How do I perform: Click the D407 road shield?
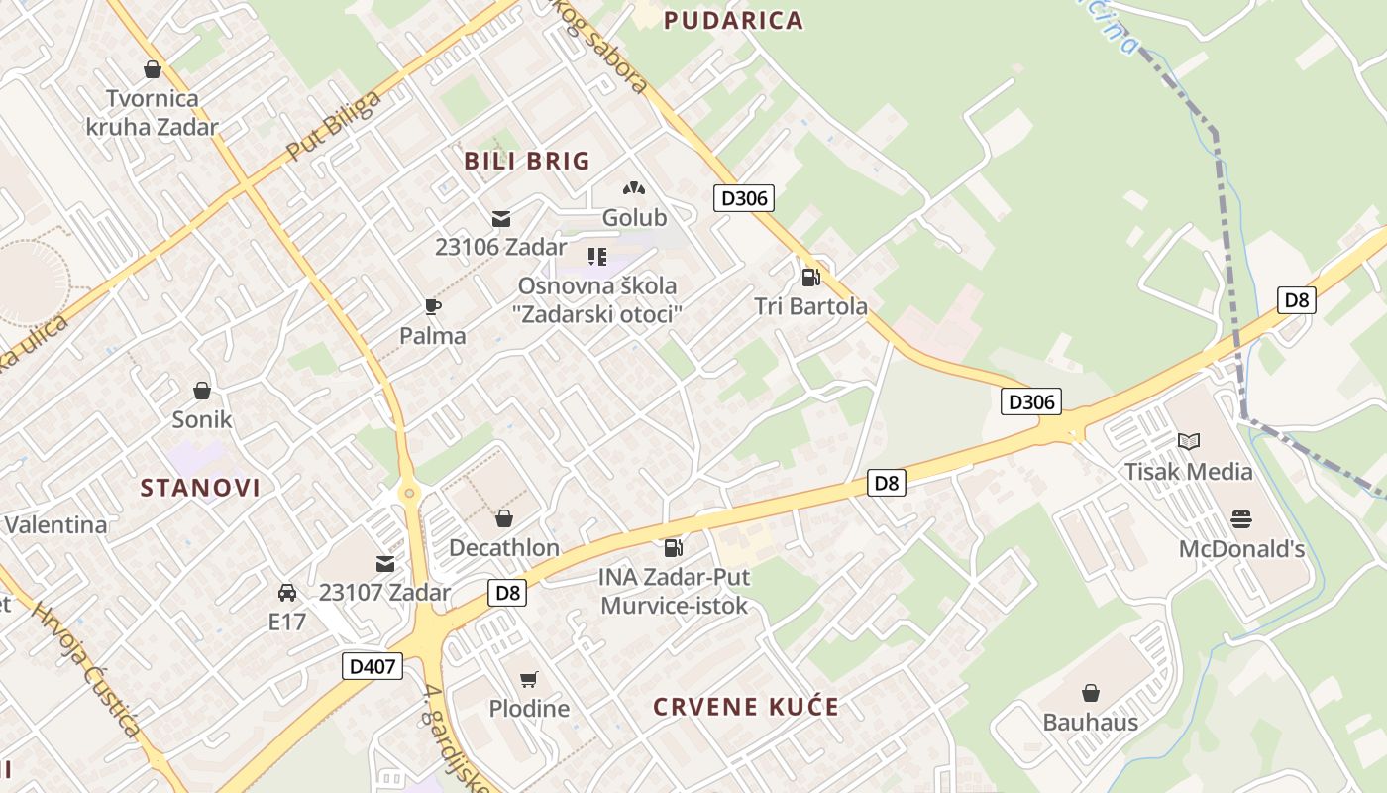(x=374, y=666)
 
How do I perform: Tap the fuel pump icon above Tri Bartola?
(x=810, y=278)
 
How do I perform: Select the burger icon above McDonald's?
(x=1240, y=519)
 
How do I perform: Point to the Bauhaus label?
(x=1090, y=722)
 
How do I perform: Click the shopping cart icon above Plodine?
(x=529, y=680)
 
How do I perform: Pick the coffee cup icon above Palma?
(x=432, y=306)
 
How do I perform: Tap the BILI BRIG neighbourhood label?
(x=527, y=161)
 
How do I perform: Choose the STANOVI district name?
(x=200, y=488)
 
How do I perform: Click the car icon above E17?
(x=287, y=593)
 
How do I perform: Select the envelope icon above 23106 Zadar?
(x=501, y=219)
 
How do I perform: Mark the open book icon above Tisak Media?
(x=1188, y=442)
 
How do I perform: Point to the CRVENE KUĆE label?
(x=746, y=708)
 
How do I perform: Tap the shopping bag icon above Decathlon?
(x=504, y=518)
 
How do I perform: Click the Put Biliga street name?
(x=333, y=126)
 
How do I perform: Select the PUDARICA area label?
(x=733, y=21)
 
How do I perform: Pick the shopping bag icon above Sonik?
(x=202, y=391)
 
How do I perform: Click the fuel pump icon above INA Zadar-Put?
(x=673, y=547)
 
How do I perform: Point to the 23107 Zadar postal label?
(x=384, y=593)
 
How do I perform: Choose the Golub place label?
(x=634, y=217)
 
